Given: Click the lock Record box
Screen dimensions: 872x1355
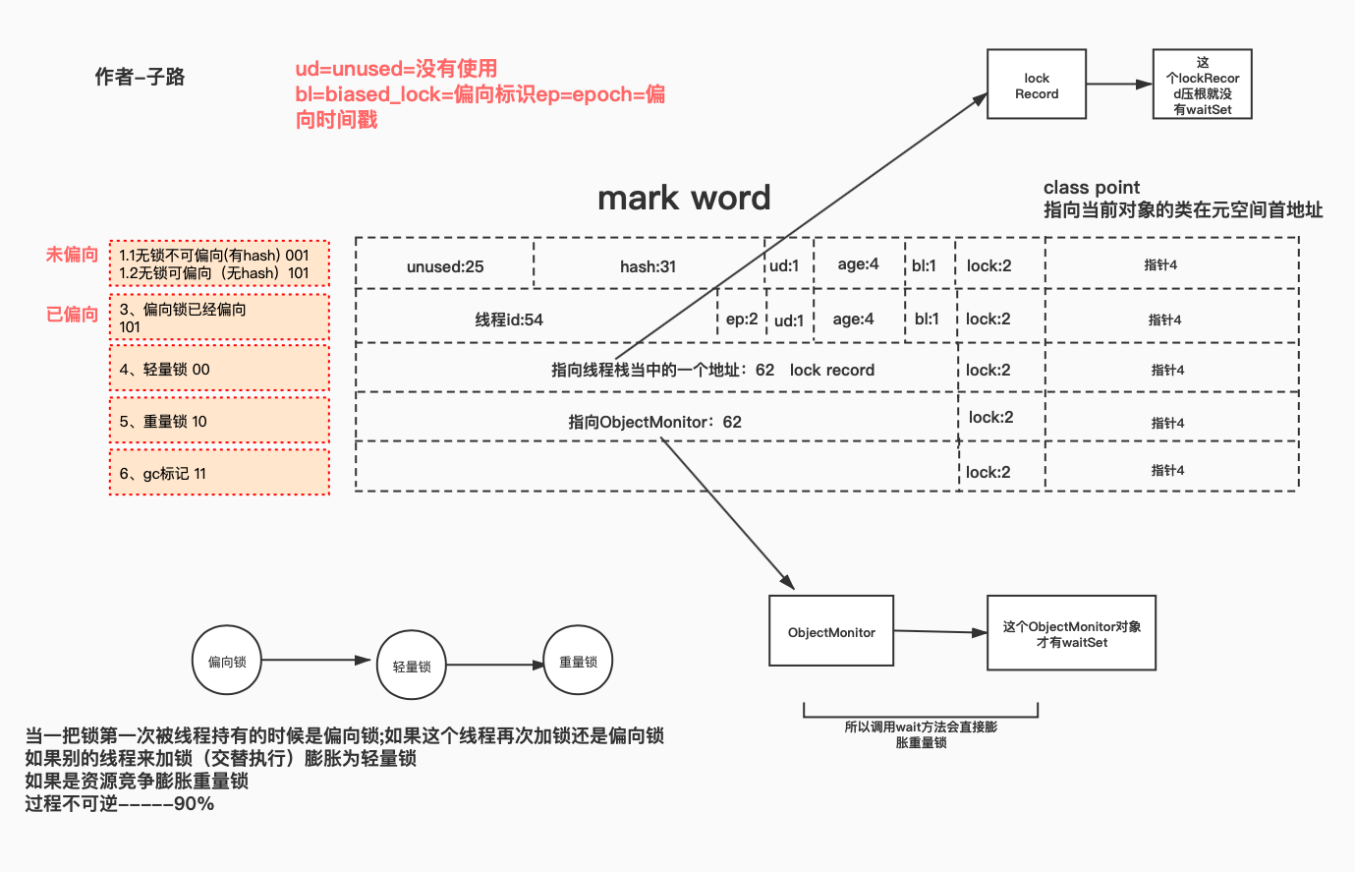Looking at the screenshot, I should (1036, 85).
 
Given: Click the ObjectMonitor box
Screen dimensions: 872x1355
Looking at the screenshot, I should (831, 631).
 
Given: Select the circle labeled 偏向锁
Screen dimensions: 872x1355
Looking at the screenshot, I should (227, 661).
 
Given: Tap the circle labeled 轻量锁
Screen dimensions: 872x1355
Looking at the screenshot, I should (412, 666).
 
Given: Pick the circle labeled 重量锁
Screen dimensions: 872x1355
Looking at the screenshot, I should (578, 662).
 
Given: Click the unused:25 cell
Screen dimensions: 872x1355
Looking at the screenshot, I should (445, 265).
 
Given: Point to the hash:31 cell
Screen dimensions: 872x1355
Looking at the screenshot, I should (648, 265).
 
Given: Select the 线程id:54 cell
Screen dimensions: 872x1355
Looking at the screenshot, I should (509, 319).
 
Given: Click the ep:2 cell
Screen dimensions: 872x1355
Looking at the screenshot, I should (742, 319).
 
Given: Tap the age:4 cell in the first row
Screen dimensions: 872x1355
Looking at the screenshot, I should (858, 263).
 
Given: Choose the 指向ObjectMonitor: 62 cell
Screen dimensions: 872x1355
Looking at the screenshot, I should (654, 421).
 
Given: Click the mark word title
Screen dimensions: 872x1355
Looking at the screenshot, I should (684, 198).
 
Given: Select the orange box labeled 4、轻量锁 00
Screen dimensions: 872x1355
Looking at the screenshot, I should (219, 369).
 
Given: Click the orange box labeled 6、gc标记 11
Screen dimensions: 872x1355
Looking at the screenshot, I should (219, 473).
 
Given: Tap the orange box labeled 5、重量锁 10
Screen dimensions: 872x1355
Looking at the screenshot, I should (219, 421).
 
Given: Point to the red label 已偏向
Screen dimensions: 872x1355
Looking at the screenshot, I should (73, 314).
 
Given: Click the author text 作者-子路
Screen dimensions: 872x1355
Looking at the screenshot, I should (140, 77).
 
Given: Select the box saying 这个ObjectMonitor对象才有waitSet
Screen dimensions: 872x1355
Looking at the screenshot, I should (1071, 634).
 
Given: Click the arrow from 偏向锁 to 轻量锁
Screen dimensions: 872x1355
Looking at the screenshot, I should (316, 660).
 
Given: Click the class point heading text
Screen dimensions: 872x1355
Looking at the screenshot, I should (1091, 187).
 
